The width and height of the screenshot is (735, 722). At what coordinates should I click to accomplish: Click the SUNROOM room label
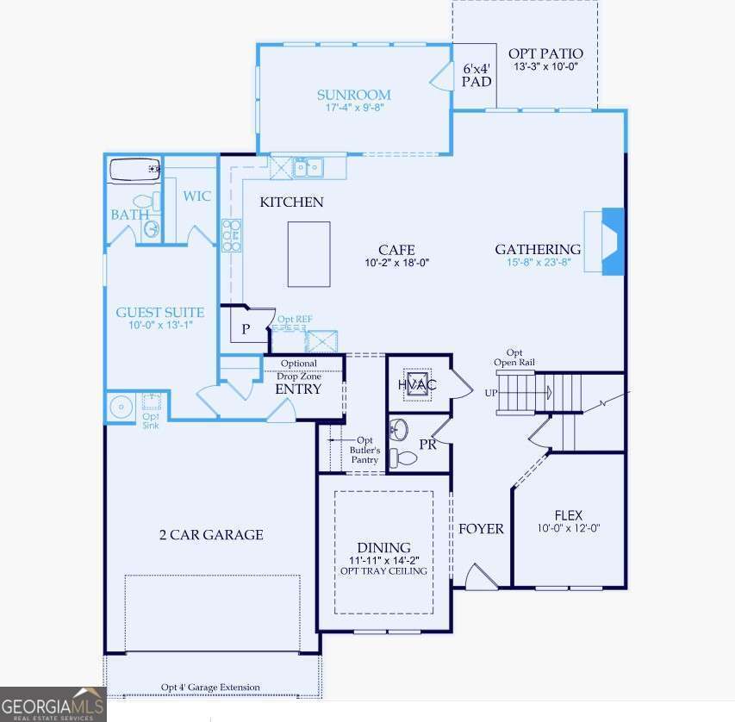coord(353,95)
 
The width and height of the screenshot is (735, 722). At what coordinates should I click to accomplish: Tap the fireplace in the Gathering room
coord(611,241)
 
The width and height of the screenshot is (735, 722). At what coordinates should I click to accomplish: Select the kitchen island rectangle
coord(308,254)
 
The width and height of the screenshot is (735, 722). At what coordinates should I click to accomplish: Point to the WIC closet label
coord(196,196)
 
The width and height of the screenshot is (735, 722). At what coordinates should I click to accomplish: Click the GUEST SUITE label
coord(160,313)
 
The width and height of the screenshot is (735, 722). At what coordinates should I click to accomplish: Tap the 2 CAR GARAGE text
coord(211,535)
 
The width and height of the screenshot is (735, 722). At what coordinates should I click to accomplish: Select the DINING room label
coord(383,548)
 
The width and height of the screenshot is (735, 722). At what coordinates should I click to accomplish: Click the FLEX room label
coord(569,515)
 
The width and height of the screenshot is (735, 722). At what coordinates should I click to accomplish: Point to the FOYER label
coord(481,529)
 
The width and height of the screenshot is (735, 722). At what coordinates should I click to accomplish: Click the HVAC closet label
coord(417,384)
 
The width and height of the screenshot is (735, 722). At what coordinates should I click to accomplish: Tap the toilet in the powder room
coord(402,457)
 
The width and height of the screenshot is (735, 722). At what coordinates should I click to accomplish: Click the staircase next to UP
coord(524,394)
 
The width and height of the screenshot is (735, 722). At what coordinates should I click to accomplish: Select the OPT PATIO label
coord(545,53)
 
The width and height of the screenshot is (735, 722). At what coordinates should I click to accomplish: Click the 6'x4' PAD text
coord(477,75)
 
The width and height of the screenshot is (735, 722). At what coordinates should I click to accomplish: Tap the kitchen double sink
coord(308,167)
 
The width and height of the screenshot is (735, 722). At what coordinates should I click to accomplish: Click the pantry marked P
coord(246,329)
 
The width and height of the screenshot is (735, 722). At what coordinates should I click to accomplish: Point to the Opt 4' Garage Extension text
coord(210,687)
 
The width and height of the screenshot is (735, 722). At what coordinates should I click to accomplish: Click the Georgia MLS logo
coord(53,704)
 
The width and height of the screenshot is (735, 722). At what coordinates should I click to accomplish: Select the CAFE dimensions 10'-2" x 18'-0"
coord(396,264)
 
